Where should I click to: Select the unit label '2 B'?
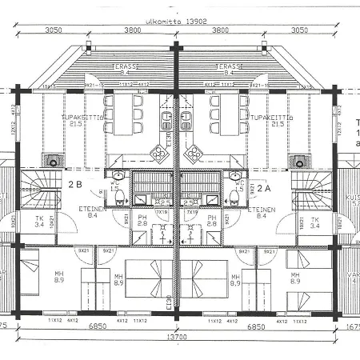click(76, 185)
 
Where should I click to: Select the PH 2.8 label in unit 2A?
click(213, 220)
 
